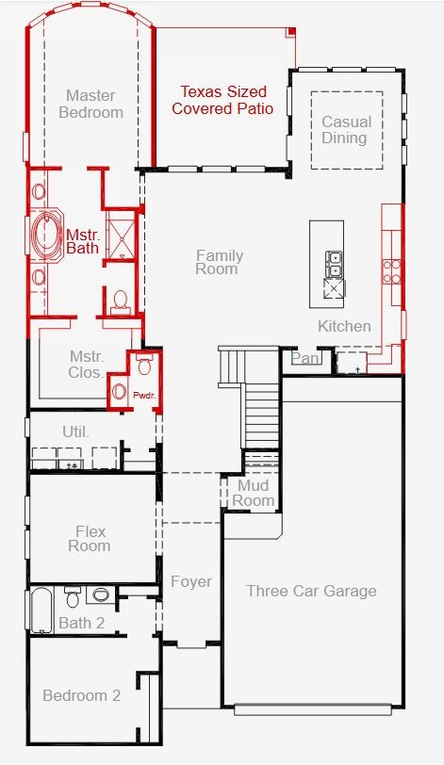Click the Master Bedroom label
click(90, 104)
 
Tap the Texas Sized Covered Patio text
click(222, 100)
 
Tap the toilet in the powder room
click(144, 365)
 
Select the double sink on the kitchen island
click(335, 264)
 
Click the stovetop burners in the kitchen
click(392, 271)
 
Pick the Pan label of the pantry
click(304, 359)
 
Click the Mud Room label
click(254, 493)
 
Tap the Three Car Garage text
click(311, 591)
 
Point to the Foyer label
click(191, 581)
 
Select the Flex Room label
click(90, 538)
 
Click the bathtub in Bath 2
click(41, 610)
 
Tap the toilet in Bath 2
click(73, 597)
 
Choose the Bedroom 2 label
click(81, 695)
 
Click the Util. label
click(76, 431)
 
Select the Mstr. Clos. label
click(87, 365)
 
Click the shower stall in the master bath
click(121, 236)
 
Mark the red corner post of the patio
click(291, 32)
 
